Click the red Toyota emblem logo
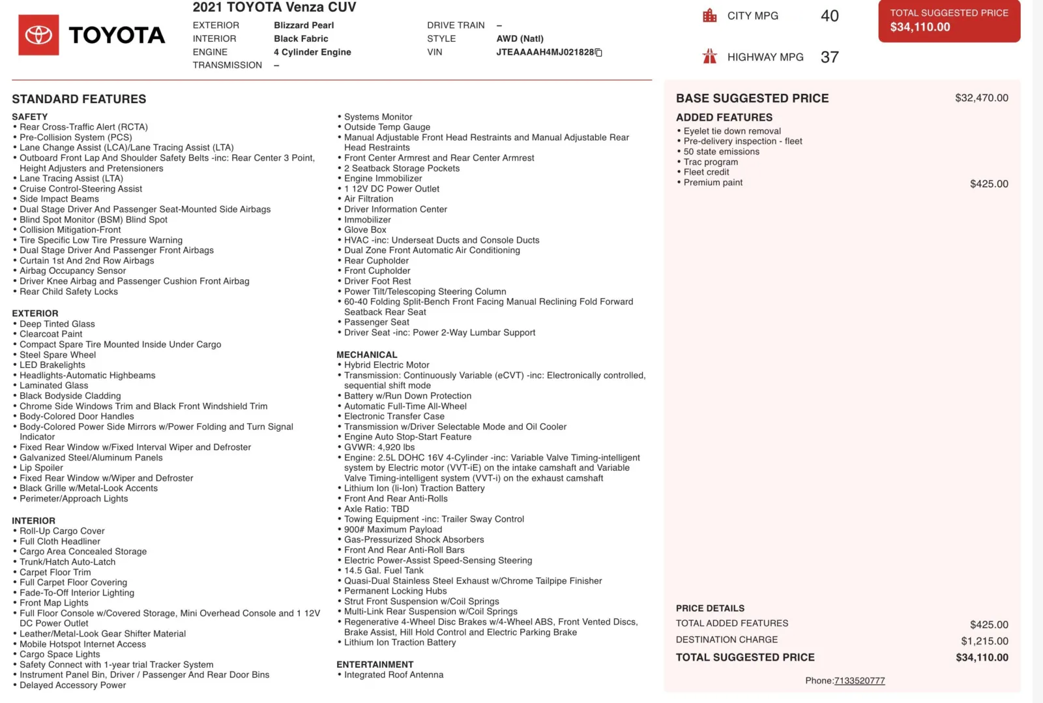pos(38,35)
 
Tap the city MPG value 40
pos(829,16)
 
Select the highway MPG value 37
pos(829,57)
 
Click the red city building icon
pos(710,16)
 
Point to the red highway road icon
pos(710,57)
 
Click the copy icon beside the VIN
pos(598,53)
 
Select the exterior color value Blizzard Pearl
pos(304,25)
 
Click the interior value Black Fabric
pos(301,39)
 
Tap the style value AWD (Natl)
pos(520,39)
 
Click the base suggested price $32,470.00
pos(981,98)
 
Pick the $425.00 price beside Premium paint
pos(989,184)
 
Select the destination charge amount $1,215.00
pos(984,641)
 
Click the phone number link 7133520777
pos(859,681)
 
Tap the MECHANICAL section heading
pos(366,355)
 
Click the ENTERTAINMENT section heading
pos(375,665)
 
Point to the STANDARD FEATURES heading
pos(79,99)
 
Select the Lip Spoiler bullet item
pos(41,468)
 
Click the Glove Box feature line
pos(365,230)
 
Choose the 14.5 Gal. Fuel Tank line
pos(383,571)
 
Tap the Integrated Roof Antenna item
pos(394,675)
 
